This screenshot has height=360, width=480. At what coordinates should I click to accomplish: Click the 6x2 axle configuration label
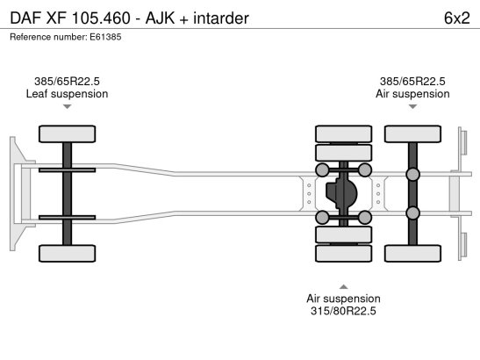coord(456,18)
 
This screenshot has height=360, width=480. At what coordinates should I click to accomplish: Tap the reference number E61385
coord(105,37)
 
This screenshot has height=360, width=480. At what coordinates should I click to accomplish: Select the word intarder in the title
coord(221,18)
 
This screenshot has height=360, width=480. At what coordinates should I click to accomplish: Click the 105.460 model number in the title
coord(101,18)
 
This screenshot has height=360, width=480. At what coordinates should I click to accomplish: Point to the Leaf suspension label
coord(67,94)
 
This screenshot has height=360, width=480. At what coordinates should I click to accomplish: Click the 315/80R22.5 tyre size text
coord(343,311)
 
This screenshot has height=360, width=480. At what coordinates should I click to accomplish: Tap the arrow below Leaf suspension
coord(67,106)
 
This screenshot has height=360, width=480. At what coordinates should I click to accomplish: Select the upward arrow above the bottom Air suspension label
coord(343,287)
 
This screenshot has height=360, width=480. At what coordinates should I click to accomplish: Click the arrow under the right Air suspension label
coord(412,106)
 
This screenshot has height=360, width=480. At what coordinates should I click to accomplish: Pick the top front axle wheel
coord(67,133)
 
